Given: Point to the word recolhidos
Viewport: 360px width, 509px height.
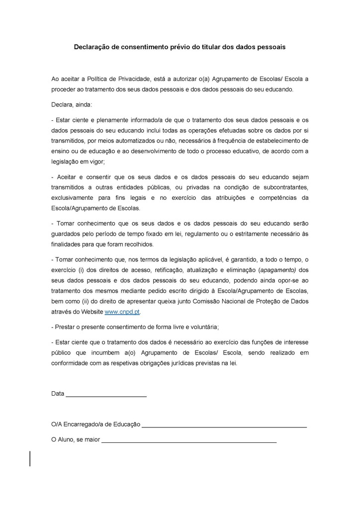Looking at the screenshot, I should [x=137, y=244].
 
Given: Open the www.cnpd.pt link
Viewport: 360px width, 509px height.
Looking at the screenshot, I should [x=122, y=312].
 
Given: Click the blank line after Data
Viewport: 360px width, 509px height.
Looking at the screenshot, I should [x=106, y=395].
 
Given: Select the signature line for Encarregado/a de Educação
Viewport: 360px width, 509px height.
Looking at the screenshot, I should [x=224, y=426].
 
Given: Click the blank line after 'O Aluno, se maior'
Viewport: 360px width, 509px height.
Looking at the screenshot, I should [x=189, y=441].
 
